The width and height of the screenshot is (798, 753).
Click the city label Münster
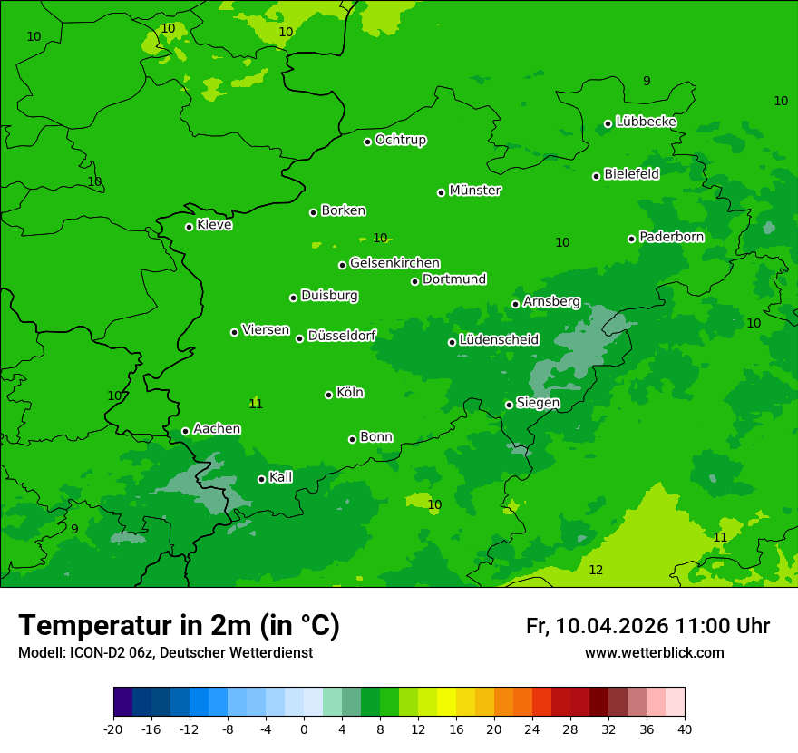pos(474,191)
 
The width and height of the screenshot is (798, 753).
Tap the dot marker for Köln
pos(328,395)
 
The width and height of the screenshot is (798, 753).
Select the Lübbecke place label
pos(646,122)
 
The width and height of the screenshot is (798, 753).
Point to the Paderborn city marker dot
pos(632,239)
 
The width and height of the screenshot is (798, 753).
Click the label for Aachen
pos(217,429)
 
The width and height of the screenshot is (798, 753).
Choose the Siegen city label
pos(538,403)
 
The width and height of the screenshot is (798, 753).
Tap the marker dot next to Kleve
pos(189,227)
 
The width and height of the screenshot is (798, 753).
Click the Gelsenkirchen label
pos(394,263)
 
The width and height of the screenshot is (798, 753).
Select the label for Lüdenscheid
pos(499,340)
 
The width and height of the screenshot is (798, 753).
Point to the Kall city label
pos(281,477)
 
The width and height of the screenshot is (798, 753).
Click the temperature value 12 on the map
pos(596,570)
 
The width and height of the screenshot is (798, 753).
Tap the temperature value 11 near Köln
pos(256,404)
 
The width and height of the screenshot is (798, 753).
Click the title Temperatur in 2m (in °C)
pos(179,625)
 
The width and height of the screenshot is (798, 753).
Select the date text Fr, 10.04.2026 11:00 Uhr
pos(647,626)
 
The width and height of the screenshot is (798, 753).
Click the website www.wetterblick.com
pos(654,653)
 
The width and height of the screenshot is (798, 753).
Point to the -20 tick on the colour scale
pos(113,729)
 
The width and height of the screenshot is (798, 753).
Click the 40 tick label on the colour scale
pos(685,729)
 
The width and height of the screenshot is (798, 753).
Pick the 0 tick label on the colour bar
pos(304,729)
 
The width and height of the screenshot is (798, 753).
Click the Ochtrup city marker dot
pos(367,142)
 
